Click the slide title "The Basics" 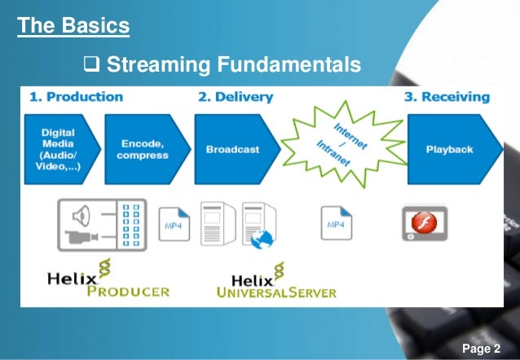73,25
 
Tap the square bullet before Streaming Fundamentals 91,63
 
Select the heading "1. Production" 77,97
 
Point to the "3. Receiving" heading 447,97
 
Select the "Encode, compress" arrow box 143,149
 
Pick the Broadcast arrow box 232,149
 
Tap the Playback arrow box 448,149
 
